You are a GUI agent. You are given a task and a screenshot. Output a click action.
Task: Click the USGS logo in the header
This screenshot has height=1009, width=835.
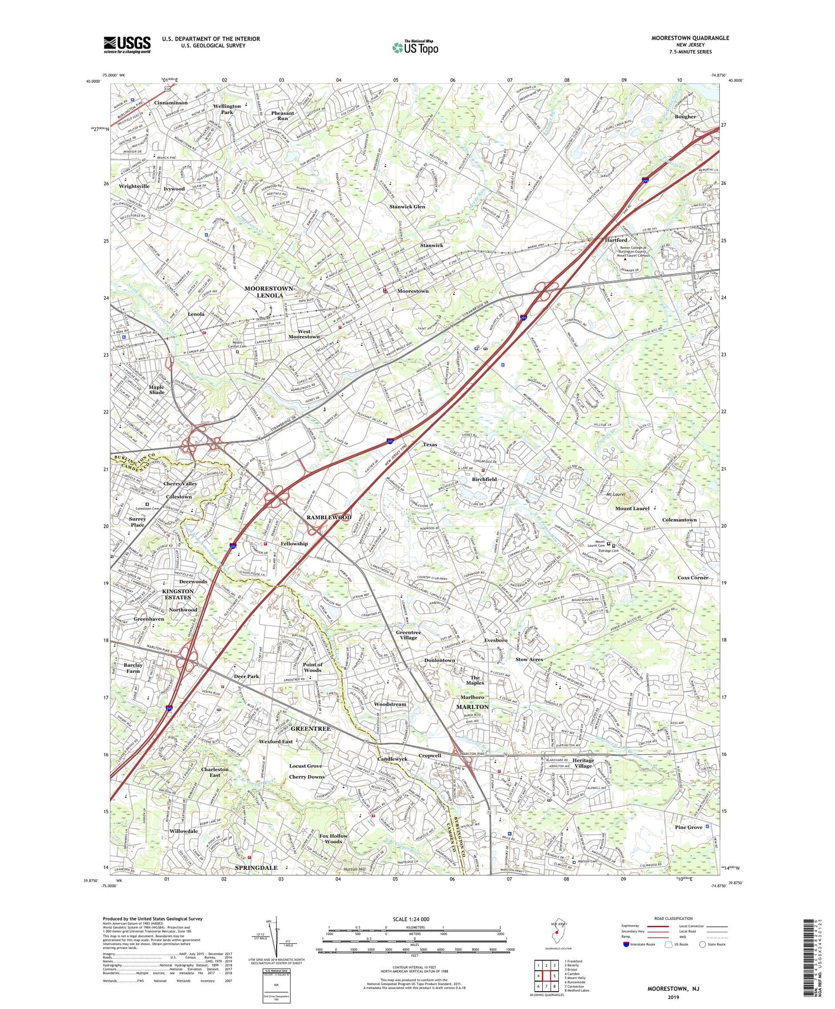point(127,45)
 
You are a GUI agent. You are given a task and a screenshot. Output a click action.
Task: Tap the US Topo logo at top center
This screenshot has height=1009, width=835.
point(415,47)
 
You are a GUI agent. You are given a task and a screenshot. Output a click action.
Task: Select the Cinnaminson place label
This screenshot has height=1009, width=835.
point(171,102)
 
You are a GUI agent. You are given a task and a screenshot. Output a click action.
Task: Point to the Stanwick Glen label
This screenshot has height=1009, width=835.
point(407,206)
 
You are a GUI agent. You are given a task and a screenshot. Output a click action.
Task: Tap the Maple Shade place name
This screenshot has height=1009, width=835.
point(156,390)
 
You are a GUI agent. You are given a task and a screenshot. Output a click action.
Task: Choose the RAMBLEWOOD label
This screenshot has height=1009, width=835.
point(329,517)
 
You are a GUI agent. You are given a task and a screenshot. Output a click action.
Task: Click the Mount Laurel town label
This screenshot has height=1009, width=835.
point(632,508)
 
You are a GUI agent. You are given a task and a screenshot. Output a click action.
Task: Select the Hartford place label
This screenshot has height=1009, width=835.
point(616,240)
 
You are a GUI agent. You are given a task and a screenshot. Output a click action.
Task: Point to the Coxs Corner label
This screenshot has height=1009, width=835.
point(692,578)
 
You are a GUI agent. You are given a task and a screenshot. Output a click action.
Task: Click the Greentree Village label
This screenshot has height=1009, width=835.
point(408,635)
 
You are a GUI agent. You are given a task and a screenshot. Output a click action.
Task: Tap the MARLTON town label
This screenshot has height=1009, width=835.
point(472,707)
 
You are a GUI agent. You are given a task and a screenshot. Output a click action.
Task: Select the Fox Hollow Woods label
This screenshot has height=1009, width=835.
point(333,839)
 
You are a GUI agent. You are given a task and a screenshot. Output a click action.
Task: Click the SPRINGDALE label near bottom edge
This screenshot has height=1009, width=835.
point(256,868)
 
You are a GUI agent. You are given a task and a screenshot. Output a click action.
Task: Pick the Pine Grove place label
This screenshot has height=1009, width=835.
point(689,827)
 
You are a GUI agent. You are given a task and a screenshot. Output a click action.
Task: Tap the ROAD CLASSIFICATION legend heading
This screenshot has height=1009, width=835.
point(674,918)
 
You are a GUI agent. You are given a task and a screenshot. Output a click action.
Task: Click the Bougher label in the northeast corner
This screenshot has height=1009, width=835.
point(685,117)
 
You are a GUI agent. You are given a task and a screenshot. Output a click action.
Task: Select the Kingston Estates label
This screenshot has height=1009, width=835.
point(178,594)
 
